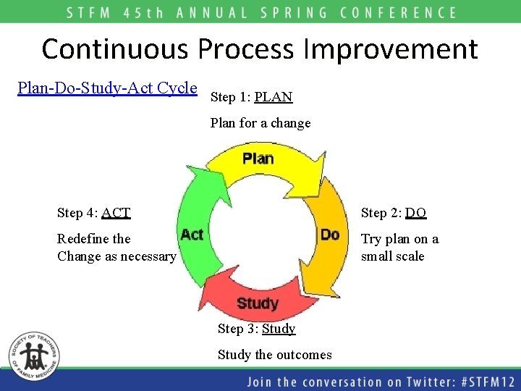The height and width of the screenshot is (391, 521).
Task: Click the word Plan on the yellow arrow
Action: pos(258,158)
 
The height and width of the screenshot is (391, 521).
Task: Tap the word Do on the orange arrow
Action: pos(330,234)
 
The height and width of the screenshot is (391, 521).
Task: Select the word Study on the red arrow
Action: pos(257,303)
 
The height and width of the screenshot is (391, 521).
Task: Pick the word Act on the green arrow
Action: pos(192,234)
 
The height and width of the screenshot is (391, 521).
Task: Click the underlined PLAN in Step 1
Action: pos(274,97)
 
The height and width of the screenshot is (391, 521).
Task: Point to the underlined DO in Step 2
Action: pos(415,213)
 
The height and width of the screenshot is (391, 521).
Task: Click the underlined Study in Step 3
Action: pos(279,329)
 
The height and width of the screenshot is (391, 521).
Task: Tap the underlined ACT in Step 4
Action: pos(116,213)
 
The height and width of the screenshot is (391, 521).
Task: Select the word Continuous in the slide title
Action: pos(116,49)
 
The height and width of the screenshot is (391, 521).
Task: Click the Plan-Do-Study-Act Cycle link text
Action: pos(107,88)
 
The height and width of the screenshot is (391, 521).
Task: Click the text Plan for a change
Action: pos(260,123)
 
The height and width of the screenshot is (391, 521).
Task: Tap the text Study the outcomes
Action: pos(275,355)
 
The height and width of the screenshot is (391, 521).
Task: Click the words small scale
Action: pos(392,256)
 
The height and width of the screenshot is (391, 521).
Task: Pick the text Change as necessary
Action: pos(117,256)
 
